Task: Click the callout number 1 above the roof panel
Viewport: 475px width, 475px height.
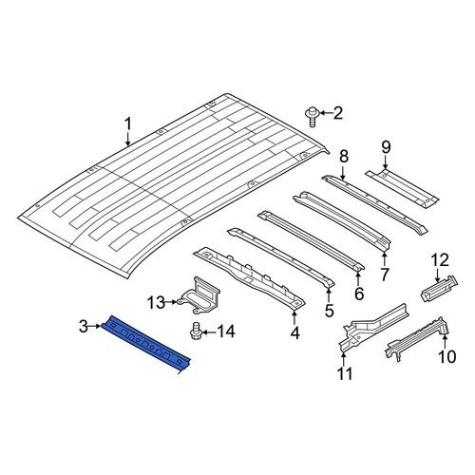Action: point(127,124)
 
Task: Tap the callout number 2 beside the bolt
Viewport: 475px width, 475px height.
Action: point(338,113)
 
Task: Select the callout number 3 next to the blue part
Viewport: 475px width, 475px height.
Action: point(84,326)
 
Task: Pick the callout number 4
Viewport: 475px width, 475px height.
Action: point(294,333)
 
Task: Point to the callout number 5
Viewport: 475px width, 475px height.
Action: point(330,311)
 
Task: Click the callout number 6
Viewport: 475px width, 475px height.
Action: point(359,294)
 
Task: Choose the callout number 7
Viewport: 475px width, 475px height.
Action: point(385,275)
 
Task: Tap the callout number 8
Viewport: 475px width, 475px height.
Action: point(344,157)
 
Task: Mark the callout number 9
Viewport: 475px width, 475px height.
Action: point(386,147)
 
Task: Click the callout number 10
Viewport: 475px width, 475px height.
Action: point(446,356)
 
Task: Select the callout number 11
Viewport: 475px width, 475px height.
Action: point(345,374)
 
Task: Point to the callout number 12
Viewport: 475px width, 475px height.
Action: point(440,260)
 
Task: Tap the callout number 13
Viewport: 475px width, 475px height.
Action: point(156,303)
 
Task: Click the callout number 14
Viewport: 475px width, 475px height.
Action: point(226,332)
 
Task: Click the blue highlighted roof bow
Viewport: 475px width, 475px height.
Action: point(146,345)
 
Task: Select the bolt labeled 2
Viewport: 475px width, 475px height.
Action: point(312,117)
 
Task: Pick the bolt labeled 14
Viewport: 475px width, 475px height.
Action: point(196,331)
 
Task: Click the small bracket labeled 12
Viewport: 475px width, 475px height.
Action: point(440,289)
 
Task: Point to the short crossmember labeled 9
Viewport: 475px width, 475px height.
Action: point(402,188)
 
